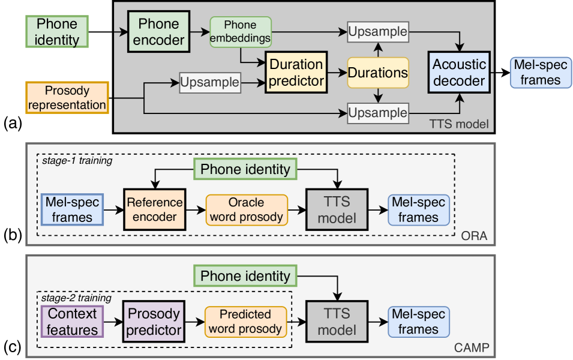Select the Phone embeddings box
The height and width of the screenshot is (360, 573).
pos(241,32)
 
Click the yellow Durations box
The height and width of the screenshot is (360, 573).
pos(378,73)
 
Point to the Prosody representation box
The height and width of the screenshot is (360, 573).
pos(67,98)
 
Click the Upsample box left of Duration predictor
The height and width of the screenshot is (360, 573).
pos(210,82)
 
